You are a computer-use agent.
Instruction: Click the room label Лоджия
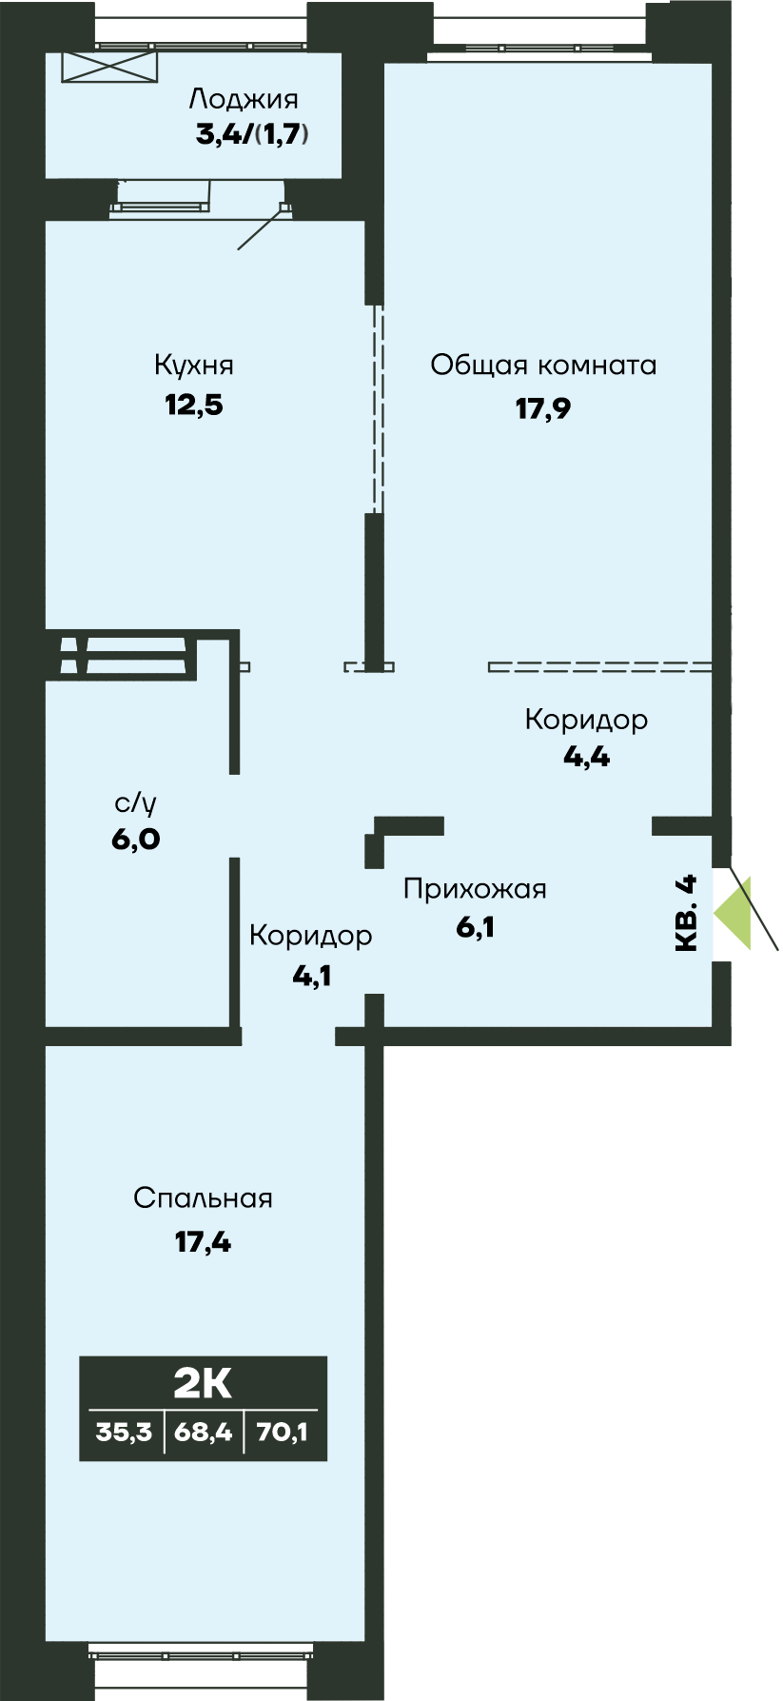click(x=244, y=99)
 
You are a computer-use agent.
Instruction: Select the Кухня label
click(x=194, y=366)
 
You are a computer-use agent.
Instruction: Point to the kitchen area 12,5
click(x=194, y=405)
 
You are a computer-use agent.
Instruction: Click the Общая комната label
click(x=543, y=366)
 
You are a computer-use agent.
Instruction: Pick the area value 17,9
click(x=543, y=408)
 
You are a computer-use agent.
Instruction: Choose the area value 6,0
click(x=135, y=840)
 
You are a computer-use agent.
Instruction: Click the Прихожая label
click(x=475, y=889)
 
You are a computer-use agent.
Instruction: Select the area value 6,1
click(x=475, y=926)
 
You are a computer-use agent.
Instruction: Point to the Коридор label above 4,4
click(x=586, y=720)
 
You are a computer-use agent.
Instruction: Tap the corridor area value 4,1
click(x=311, y=976)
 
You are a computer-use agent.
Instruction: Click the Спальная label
click(x=203, y=1198)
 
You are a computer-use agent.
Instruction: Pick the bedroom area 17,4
click(x=203, y=1242)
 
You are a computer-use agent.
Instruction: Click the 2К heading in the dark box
click(x=203, y=1383)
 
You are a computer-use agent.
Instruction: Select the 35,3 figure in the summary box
click(x=124, y=1432)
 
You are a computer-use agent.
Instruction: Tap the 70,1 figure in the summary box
click(x=283, y=1432)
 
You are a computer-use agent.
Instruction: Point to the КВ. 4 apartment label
click(x=686, y=913)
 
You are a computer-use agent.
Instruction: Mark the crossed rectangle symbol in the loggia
click(x=108, y=67)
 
